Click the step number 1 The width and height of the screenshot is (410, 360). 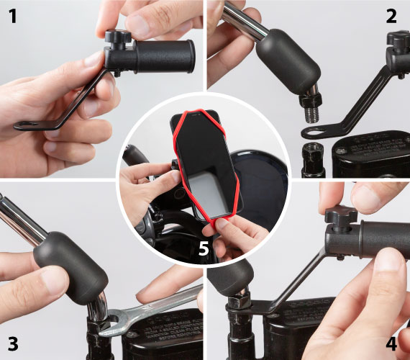click(x=12, y=17)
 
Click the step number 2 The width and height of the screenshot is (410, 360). click(x=391, y=17)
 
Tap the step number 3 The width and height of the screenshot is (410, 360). click(x=13, y=343)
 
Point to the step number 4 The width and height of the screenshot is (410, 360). click(x=391, y=343)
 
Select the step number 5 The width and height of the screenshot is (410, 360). click(x=204, y=248)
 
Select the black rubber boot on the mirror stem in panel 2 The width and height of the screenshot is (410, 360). click(x=288, y=61)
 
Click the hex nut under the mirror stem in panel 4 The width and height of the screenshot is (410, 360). click(x=240, y=301)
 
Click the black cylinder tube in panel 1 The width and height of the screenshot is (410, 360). click(x=165, y=56)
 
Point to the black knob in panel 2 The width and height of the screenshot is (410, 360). click(x=398, y=40)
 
